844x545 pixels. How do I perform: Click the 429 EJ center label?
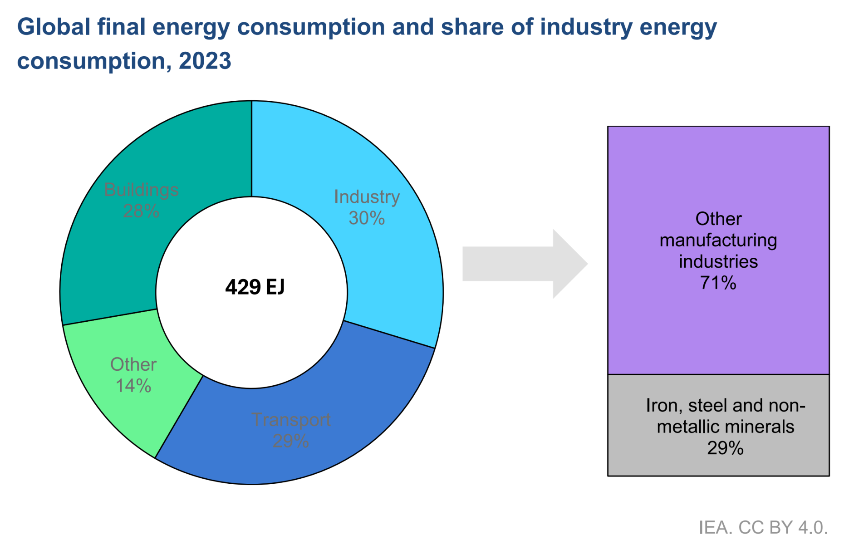click(255, 287)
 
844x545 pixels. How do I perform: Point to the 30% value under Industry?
click(367, 218)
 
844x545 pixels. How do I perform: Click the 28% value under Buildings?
click(141, 211)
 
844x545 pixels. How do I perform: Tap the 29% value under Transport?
click(291, 441)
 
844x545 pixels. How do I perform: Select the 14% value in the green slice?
click(133, 386)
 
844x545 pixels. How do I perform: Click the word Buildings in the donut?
click(141, 190)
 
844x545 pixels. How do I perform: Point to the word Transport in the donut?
click(291, 420)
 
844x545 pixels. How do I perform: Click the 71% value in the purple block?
click(718, 283)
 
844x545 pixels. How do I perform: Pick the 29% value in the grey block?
click(725, 448)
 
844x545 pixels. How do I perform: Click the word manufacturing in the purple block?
click(718, 241)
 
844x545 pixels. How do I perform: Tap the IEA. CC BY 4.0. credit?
click(763, 527)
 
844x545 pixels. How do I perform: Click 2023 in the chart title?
click(205, 61)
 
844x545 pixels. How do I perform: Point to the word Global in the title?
click(54, 27)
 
